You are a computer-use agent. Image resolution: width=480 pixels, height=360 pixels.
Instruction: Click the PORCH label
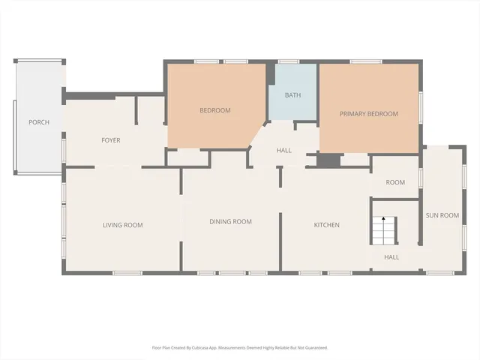(39, 122)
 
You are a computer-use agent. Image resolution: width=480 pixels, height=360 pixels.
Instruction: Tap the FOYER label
(111, 140)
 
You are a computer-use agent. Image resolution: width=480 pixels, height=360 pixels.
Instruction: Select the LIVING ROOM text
(122, 225)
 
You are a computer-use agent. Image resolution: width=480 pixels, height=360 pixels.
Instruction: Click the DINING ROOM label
(230, 221)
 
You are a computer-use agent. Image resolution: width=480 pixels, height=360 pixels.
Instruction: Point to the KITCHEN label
(326, 225)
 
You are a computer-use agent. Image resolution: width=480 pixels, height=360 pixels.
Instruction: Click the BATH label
(292, 95)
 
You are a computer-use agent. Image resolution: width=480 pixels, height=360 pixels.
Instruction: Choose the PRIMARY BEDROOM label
(368, 114)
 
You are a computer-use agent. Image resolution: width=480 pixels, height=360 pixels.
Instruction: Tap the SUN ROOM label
(442, 215)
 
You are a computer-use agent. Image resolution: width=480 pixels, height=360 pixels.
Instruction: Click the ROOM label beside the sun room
(395, 182)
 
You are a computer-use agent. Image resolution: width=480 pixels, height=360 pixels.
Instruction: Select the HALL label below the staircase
(391, 257)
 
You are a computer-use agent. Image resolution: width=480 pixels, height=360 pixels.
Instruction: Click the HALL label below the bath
(283, 151)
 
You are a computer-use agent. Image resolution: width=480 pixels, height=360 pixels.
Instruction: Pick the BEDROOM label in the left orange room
(214, 110)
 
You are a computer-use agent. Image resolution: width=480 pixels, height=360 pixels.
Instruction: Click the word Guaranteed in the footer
(313, 348)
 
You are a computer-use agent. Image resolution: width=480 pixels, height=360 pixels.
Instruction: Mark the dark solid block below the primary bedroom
(328, 160)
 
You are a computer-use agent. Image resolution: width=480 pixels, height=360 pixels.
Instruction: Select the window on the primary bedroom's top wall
(366, 61)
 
